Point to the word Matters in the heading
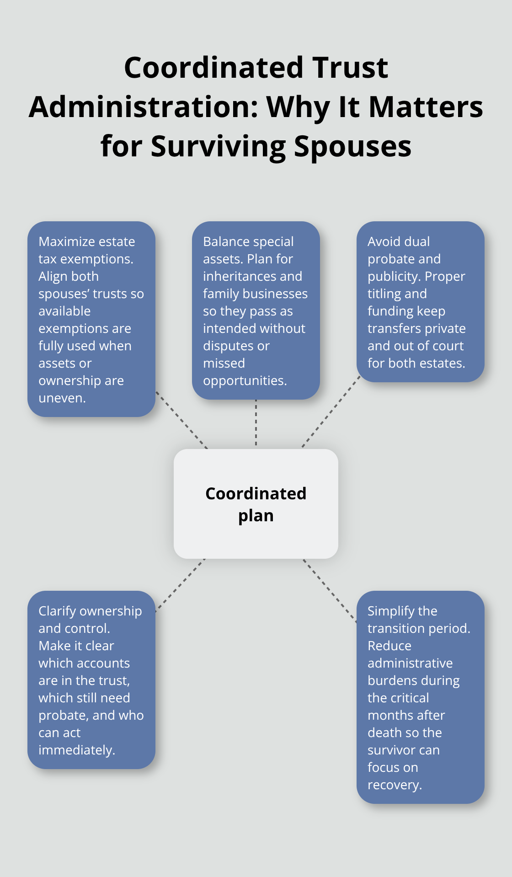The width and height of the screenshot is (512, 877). click(426, 107)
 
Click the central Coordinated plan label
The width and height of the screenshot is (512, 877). click(256, 504)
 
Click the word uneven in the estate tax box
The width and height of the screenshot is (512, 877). click(61, 398)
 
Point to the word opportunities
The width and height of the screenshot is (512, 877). click(244, 380)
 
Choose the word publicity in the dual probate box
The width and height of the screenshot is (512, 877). click(394, 276)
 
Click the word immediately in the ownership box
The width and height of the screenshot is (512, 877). click(76, 750)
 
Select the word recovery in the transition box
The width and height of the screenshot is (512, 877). click(394, 785)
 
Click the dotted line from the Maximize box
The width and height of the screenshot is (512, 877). click(181, 420)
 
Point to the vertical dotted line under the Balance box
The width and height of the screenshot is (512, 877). click(256, 423)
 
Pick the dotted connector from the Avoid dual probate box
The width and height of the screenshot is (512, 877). click(331, 412)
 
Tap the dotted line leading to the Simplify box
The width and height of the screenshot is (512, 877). click(330, 591)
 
